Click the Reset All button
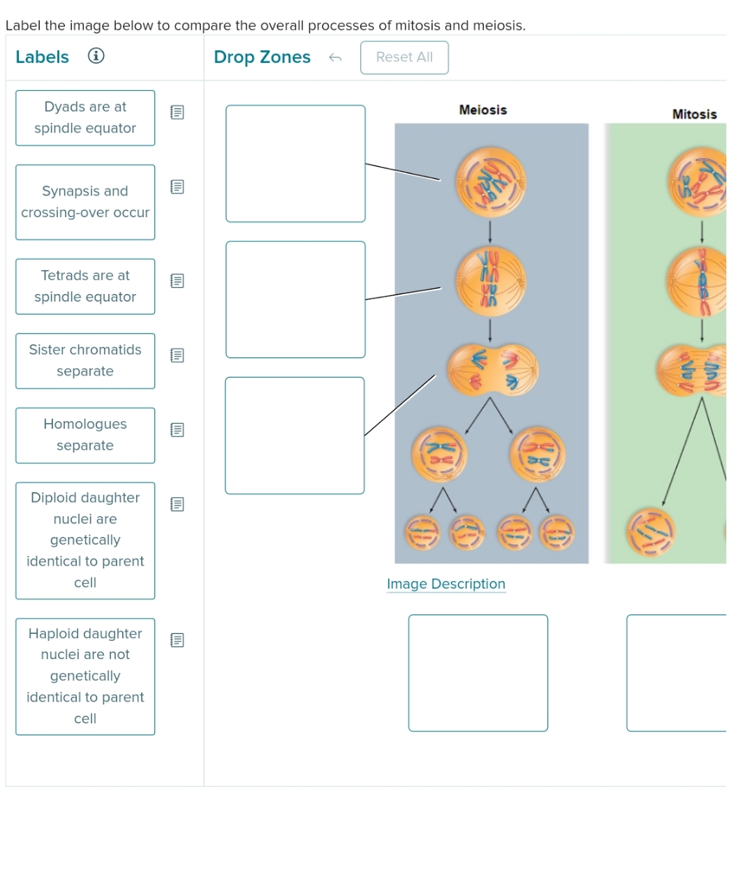pos(404,57)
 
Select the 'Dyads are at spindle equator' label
pos(85,118)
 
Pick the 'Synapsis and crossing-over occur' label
pos(85,202)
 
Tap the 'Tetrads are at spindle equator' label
pos(85,286)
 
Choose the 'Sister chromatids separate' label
pos(85,360)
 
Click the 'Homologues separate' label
pos(85,435)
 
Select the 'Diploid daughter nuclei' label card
pos(85,540)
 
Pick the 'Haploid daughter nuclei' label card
pos(85,676)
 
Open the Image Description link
pos(446,584)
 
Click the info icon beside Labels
pos(96,56)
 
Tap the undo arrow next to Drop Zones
pos(335,57)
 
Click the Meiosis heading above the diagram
pos(482,110)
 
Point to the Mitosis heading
pos(694,114)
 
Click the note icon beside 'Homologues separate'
pos(177,429)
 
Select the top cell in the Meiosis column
pos(490,182)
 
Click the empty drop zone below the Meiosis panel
pos(478,672)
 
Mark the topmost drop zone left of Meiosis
pos(295,163)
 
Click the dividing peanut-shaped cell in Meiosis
pos(492,369)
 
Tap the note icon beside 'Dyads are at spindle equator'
pos(177,112)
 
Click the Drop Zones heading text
pos(262,57)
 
